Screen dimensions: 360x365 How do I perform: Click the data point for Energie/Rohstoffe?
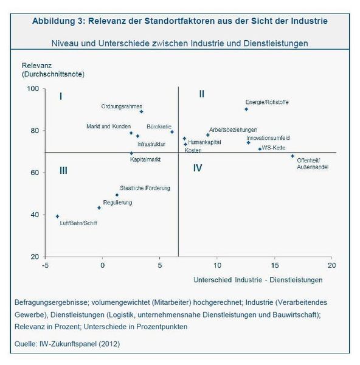pos(246,109)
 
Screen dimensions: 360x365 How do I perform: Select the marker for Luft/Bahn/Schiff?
pos(58,217)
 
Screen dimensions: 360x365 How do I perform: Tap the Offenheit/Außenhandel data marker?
pos(292,156)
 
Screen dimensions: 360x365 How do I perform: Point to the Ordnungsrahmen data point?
pos(141,112)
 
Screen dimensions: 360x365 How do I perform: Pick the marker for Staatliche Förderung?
pos(117,195)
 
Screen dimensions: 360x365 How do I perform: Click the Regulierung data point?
pos(99,208)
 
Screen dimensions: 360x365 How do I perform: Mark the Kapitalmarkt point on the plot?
pos(131,153)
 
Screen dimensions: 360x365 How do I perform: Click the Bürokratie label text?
pos(159,127)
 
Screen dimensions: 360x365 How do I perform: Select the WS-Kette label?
pos(274,148)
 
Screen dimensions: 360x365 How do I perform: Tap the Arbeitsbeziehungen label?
pos(233,130)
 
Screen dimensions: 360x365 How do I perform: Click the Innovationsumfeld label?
pos(268,138)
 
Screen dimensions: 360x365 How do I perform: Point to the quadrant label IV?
pos(198,168)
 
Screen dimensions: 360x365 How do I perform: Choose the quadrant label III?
pos(63,170)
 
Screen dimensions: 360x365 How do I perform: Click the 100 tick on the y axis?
pos(33,89)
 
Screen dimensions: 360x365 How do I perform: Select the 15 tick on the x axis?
pos(275,265)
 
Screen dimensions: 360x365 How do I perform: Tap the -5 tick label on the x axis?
pos(45,265)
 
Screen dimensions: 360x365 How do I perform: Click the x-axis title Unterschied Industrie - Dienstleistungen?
pos(258,280)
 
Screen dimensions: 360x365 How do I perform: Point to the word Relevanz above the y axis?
pos(36,66)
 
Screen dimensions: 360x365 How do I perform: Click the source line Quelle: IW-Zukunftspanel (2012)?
pos(67,344)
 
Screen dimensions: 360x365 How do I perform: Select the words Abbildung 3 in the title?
pos(58,21)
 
